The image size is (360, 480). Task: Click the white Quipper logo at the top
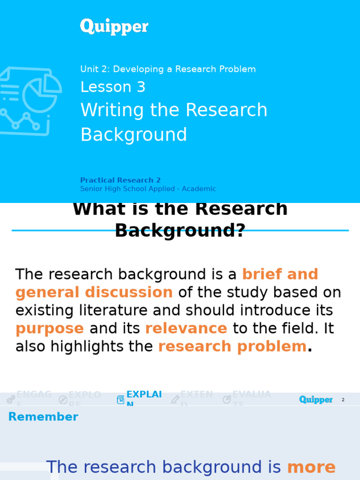click(114, 27)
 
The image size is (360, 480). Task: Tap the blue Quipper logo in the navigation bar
click(315, 399)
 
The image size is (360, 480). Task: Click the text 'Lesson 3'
click(113, 87)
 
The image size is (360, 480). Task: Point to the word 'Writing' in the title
click(112, 110)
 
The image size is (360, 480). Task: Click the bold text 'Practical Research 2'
click(120, 180)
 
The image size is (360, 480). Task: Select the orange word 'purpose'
click(50, 329)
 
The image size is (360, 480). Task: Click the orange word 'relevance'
click(186, 329)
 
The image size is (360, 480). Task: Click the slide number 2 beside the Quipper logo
click(343, 400)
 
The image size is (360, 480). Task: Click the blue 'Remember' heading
click(43, 417)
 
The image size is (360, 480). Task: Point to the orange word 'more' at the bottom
click(311, 467)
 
